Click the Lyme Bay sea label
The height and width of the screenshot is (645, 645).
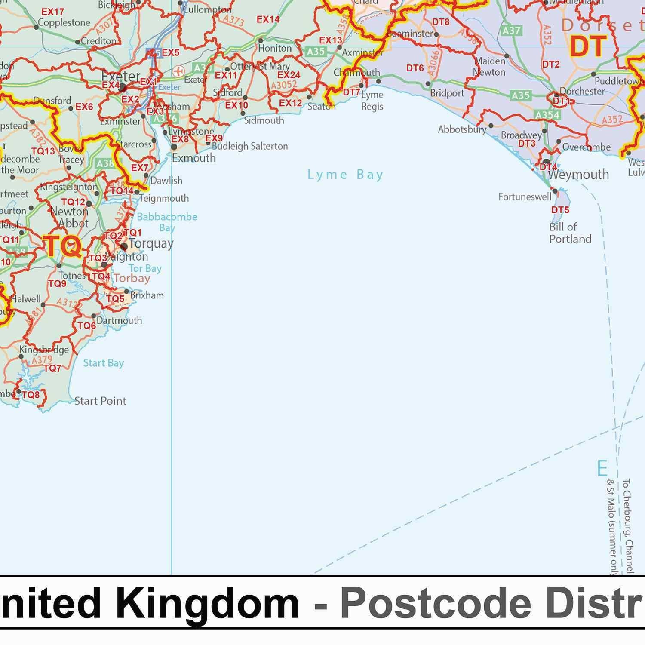[x=345, y=175]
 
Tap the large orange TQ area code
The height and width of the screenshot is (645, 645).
[x=63, y=247]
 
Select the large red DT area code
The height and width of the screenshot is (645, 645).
[x=588, y=46]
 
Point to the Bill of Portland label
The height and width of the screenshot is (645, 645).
[x=570, y=233]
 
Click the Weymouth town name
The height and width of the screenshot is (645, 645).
[x=578, y=175]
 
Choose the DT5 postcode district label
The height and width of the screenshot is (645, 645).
[x=560, y=210]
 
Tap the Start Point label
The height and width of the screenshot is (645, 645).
[x=100, y=401]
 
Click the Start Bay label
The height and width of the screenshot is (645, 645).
[x=103, y=363]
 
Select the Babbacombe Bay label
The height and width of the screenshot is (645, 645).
[x=167, y=221]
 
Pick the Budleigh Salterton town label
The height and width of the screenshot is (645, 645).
[x=250, y=146]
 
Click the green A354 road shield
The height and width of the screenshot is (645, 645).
[x=547, y=115]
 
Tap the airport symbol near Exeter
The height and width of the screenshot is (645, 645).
[x=178, y=70]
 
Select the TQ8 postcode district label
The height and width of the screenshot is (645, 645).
[x=31, y=394]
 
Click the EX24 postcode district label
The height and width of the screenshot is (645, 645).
[x=289, y=75]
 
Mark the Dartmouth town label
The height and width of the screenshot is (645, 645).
[x=119, y=320]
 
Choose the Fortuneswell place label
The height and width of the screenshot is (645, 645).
[x=525, y=197]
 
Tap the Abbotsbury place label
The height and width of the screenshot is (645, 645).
[x=462, y=129]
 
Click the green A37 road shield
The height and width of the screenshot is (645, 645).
[x=511, y=31]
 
